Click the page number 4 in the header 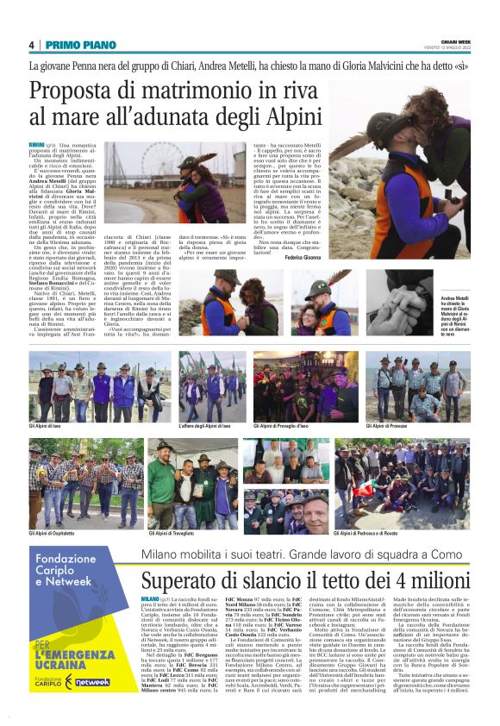[32, 44]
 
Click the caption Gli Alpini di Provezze [396, 425]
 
